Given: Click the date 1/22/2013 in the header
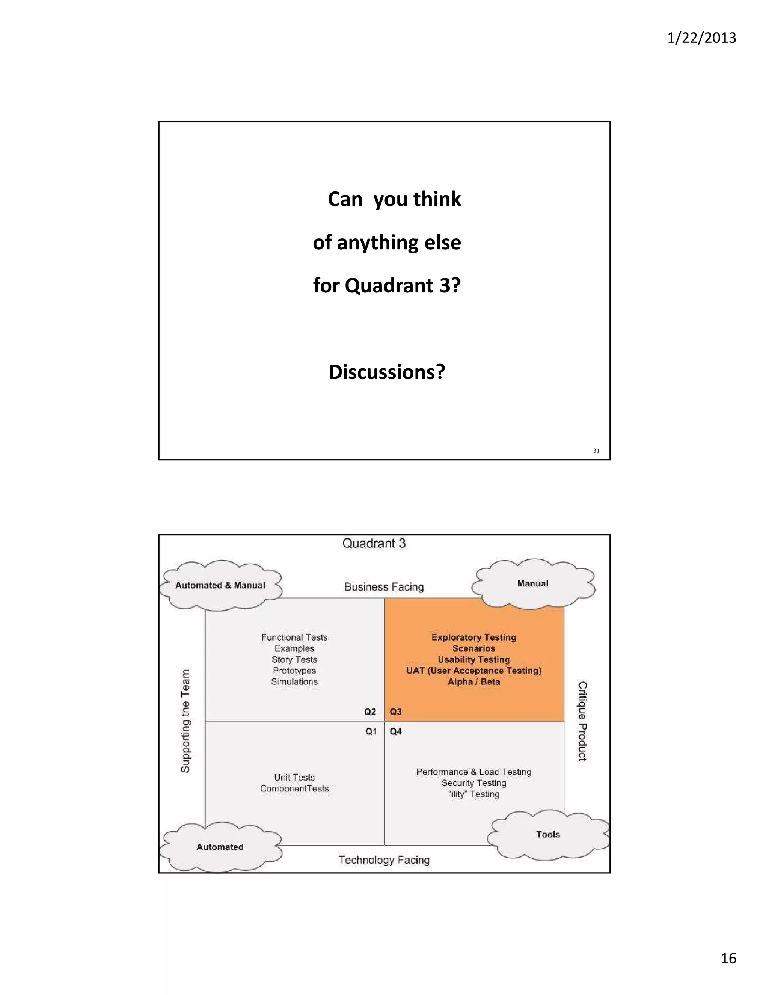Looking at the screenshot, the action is pos(701,38).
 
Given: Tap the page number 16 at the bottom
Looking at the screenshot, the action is pos(728,958).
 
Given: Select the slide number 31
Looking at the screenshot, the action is pos(596,451).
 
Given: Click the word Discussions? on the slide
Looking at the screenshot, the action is pos(387,372).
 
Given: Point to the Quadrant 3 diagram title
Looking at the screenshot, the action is pos(374,544).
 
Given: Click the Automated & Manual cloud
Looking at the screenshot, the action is pos(220,585).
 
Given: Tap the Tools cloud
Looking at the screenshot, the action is pos(547,835).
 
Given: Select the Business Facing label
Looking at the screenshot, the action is pos(384,587).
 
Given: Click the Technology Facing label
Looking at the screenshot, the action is pos(384,860).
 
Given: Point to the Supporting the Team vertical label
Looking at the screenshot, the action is pos(185,721).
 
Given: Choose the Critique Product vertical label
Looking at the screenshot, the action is pos(582,721).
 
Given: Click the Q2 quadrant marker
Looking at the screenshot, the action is pos(370,712).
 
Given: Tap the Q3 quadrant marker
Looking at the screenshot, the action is pos(395,712).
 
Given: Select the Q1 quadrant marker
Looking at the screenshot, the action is pos(371,732).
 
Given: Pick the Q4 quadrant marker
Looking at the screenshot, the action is pos(395,732).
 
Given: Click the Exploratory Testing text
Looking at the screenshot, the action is pos(474,638).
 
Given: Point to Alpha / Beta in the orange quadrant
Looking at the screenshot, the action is pos(474,682).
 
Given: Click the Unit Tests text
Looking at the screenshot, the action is pos(294,777).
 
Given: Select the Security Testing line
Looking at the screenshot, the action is pos(474,783).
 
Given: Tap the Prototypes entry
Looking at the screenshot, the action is pos(294,671).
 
